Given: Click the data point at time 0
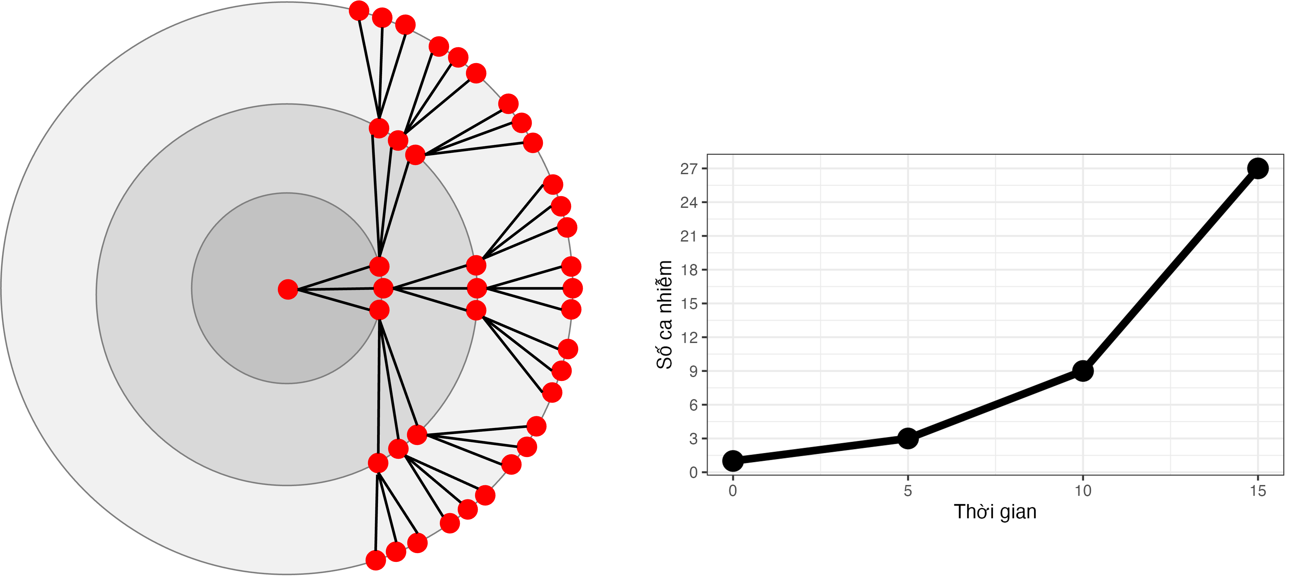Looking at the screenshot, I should [x=732, y=460].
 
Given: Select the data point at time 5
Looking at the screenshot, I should [x=907, y=438].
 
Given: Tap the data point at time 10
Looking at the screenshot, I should [x=1083, y=371].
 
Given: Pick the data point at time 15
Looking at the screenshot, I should [x=1258, y=169].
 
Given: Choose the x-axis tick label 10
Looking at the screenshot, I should [x=1083, y=491].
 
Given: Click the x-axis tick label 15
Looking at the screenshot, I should [x=1258, y=491].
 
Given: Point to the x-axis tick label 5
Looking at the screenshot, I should [x=907, y=491].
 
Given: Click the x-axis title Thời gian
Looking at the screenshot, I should [x=995, y=512].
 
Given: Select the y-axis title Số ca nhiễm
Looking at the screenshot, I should [x=665, y=314].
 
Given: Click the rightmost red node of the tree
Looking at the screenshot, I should [x=573, y=288].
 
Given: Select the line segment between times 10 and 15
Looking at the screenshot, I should [x=1170, y=270].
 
